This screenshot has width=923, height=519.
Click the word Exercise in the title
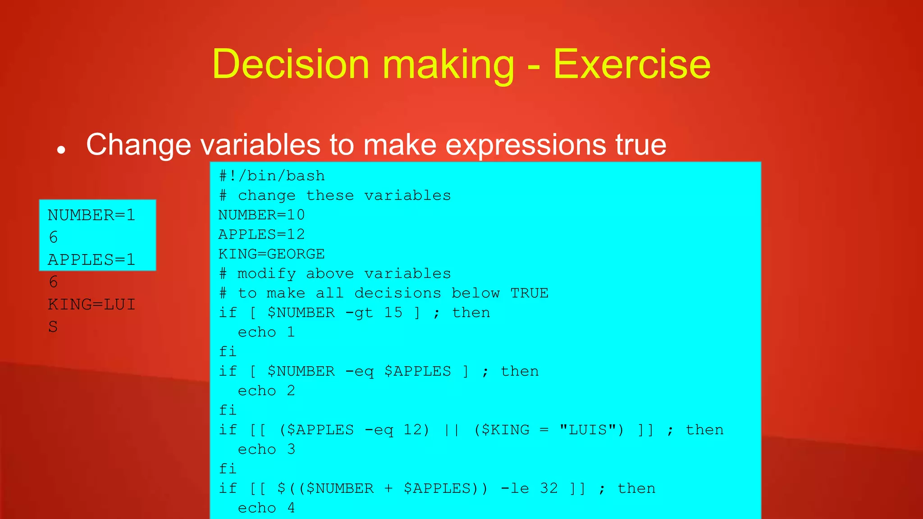click(632, 64)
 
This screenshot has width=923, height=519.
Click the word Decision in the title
click(291, 64)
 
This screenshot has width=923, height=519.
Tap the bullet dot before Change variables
click(61, 150)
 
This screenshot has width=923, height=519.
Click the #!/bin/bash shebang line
click(272, 176)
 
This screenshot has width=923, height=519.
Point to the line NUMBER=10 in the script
click(261, 215)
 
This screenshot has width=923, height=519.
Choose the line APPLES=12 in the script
click(261, 234)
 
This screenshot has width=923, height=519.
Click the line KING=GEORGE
click(271, 254)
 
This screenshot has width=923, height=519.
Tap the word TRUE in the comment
click(530, 293)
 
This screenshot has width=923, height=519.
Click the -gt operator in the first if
click(359, 313)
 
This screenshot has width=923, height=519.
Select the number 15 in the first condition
click(393, 313)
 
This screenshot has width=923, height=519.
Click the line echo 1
click(266, 332)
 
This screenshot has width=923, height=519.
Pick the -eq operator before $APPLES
click(359, 372)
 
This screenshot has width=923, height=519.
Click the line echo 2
click(266, 391)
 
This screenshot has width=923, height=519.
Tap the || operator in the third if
click(452, 430)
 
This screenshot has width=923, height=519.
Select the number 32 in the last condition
click(548, 488)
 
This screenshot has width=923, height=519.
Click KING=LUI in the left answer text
click(91, 305)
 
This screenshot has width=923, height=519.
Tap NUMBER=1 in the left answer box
click(91, 215)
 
